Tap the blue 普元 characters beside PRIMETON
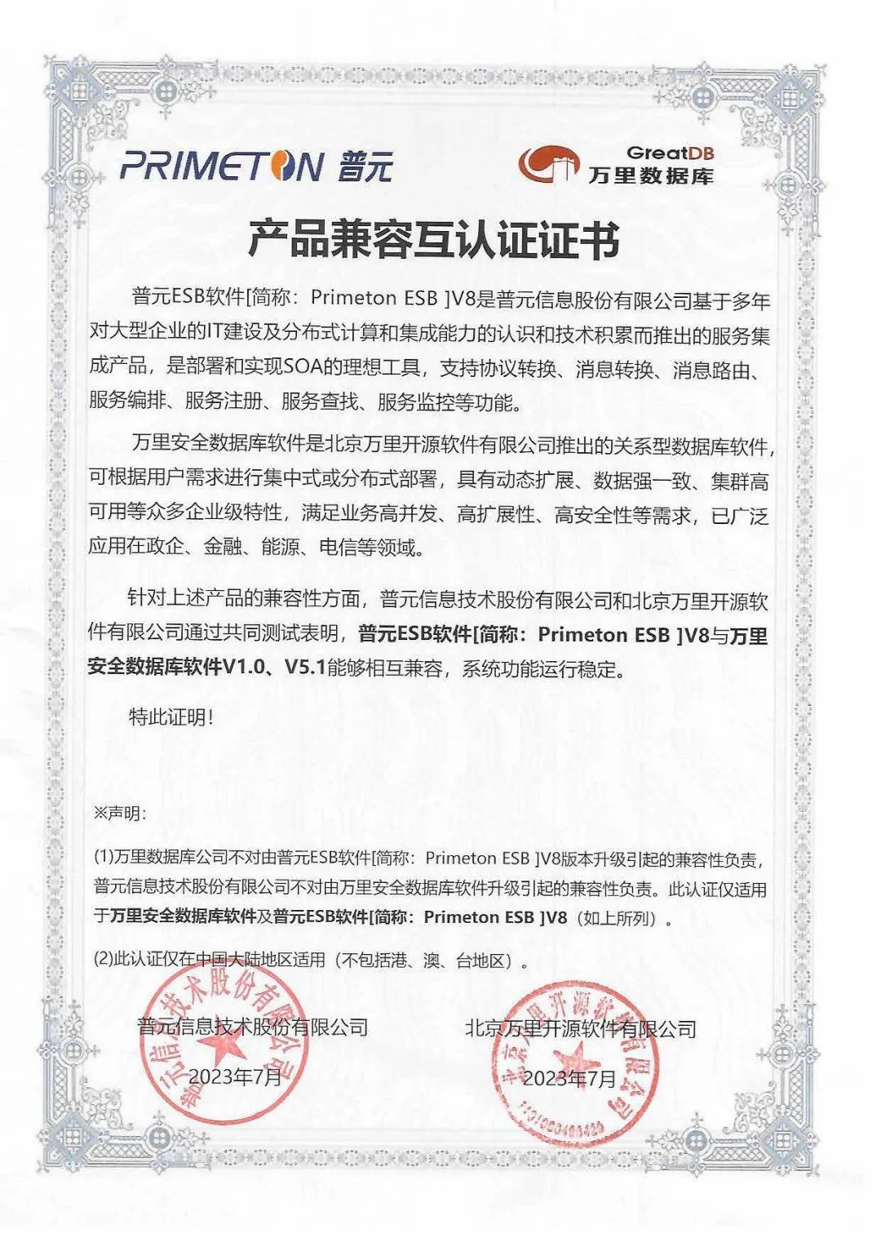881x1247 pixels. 365,166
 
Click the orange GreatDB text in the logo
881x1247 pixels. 670,153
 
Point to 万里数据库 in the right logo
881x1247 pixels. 651,175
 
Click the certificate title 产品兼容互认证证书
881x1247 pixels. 433,239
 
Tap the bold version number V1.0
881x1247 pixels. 244,668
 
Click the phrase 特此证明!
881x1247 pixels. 171,717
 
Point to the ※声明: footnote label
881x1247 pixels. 119,814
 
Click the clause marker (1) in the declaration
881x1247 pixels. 103,858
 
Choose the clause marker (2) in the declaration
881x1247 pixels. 103,960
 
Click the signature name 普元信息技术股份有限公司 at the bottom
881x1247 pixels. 252,1027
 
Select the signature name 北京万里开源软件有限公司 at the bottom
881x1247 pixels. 580,1028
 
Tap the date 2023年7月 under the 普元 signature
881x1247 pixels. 235,1076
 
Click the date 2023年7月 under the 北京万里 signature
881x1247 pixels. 569,1078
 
